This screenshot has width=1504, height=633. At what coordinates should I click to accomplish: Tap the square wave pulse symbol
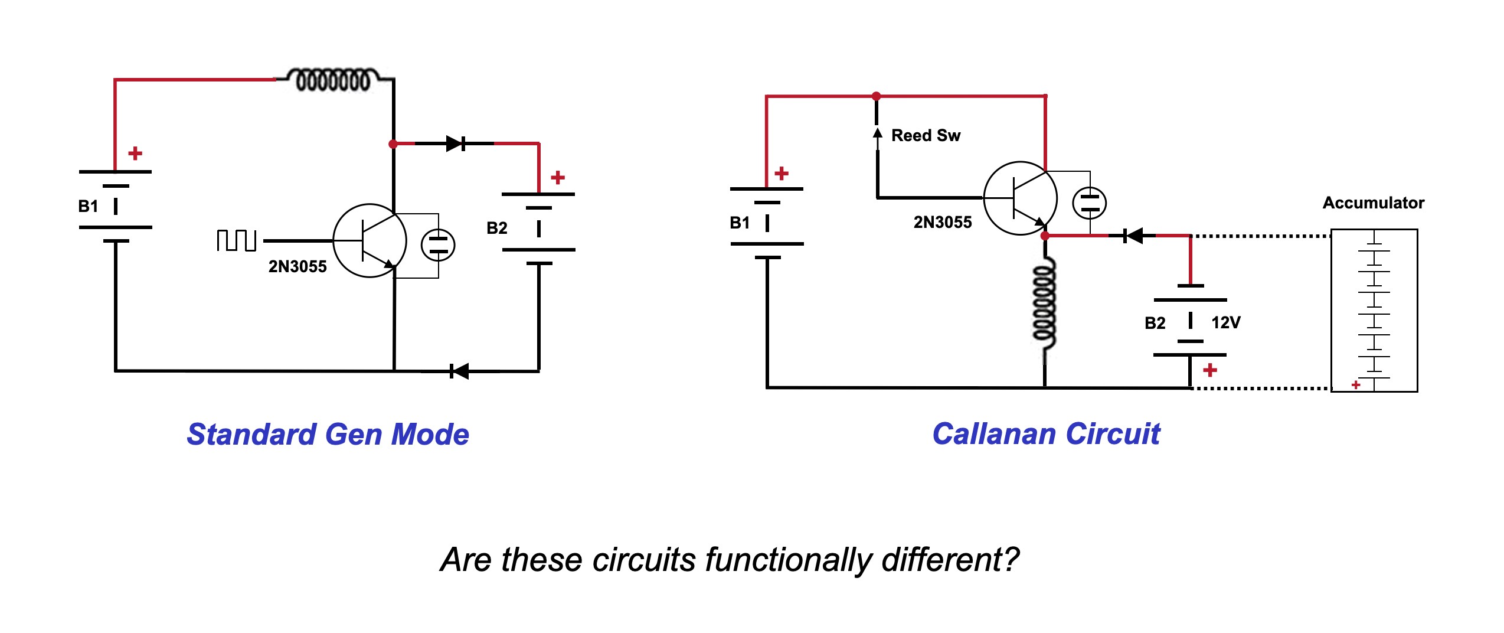pos(236,240)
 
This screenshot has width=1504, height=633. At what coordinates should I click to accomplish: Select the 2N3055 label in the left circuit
pos(297,267)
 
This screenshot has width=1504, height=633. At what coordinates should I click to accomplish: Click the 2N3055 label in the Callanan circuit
pos(943,223)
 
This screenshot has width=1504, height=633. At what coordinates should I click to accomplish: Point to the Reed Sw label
pos(926,136)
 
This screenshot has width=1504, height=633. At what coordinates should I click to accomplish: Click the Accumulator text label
pos(1373,203)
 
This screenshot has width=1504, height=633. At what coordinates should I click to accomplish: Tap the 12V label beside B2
pos(1226,322)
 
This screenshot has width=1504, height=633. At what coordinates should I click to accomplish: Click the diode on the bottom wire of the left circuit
pos(459,371)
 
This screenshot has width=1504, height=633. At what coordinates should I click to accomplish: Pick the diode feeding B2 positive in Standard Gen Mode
pos(456,143)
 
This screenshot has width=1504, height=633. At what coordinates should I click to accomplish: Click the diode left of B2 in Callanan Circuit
pos(1133,236)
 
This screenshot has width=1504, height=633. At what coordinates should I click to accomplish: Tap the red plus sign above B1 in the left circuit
pos(135,154)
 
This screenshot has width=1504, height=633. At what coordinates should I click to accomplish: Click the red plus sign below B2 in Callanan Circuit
pos(1210,370)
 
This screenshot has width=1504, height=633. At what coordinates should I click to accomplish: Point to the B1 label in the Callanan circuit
pos(740,223)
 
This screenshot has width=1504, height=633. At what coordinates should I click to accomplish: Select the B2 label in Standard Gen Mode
pos(497,228)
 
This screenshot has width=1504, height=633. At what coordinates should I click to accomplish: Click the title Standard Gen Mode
pos(328,435)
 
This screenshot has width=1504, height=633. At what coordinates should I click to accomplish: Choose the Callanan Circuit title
pos(1046,434)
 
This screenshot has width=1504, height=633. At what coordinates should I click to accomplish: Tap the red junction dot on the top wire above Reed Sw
pos(877,96)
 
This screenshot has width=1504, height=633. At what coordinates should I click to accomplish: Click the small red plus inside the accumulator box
pos(1356,385)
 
